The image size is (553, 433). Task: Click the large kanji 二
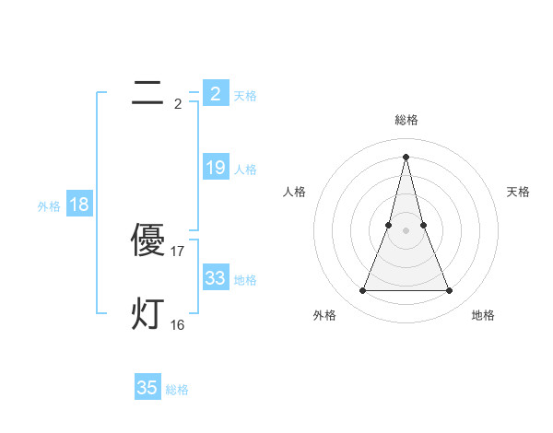[x=147, y=92]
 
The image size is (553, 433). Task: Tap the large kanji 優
[x=147, y=240]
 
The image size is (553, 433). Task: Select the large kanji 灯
[x=147, y=313]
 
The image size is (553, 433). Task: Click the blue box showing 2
[x=215, y=93]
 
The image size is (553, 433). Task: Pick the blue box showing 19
[x=215, y=168]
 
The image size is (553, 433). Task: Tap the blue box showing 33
[x=215, y=277]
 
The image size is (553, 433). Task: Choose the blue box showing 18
[x=79, y=205]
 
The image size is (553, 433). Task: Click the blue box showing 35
[x=147, y=388]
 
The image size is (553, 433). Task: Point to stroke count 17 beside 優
[x=179, y=251]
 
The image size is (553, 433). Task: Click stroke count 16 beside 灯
[x=178, y=324]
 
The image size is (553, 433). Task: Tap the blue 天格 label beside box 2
[x=245, y=96]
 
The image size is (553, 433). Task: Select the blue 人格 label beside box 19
[x=245, y=170]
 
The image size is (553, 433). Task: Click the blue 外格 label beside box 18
[x=49, y=206]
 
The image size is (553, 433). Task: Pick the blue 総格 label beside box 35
[x=177, y=390]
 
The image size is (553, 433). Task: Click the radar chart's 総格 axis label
[x=406, y=120]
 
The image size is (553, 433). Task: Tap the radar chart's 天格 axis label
[x=519, y=192]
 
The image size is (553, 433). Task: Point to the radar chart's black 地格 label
[x=483, y=315]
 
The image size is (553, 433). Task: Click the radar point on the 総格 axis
[x=406, y=156]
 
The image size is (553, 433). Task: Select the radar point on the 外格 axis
[x=363, y=291]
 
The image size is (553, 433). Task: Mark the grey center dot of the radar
[x=406, y=229]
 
